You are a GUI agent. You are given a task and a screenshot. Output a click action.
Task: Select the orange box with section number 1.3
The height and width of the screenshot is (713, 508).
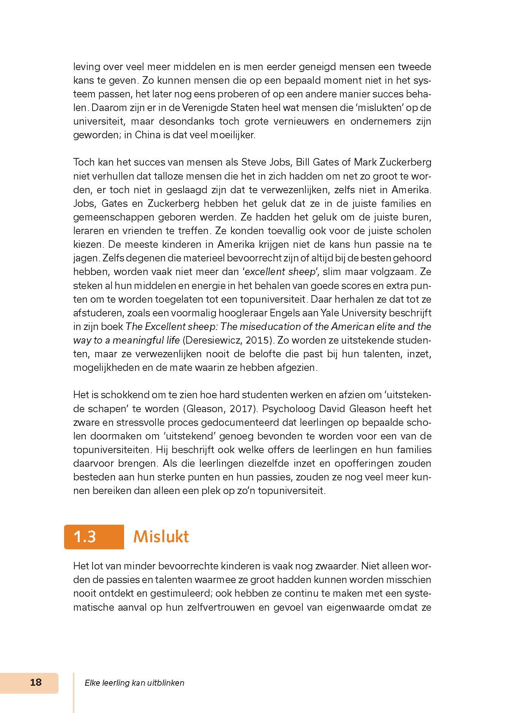[94, 536]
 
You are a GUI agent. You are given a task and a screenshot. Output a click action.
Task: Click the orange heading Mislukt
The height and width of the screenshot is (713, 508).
[161, 536]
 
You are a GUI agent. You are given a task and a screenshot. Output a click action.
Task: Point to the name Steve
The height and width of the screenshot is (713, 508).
[253, 162]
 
